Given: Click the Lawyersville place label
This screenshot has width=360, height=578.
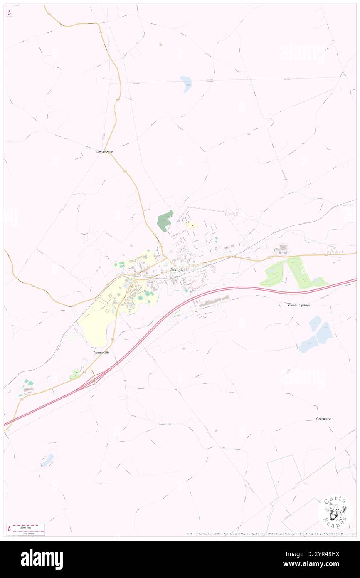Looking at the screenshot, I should [104, 152].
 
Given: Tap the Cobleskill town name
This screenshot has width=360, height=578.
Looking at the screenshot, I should [178, 269].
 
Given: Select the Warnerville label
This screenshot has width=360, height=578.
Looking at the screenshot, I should [101, 352].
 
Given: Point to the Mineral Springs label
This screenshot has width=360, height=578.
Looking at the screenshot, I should [298, 305].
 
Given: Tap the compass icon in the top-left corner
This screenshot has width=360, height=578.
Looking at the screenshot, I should [9, 13].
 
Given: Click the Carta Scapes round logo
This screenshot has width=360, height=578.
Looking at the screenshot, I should [335, 512].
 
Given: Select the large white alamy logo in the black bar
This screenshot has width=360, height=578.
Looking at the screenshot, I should [42, 559].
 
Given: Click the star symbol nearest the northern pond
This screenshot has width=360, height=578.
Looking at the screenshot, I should [160, 44].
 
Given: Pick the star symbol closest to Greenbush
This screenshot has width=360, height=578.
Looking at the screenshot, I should [215, 430].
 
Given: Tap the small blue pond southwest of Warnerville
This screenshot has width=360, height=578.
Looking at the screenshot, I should [47, 460].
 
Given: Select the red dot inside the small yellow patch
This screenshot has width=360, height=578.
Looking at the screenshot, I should [192, 225].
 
